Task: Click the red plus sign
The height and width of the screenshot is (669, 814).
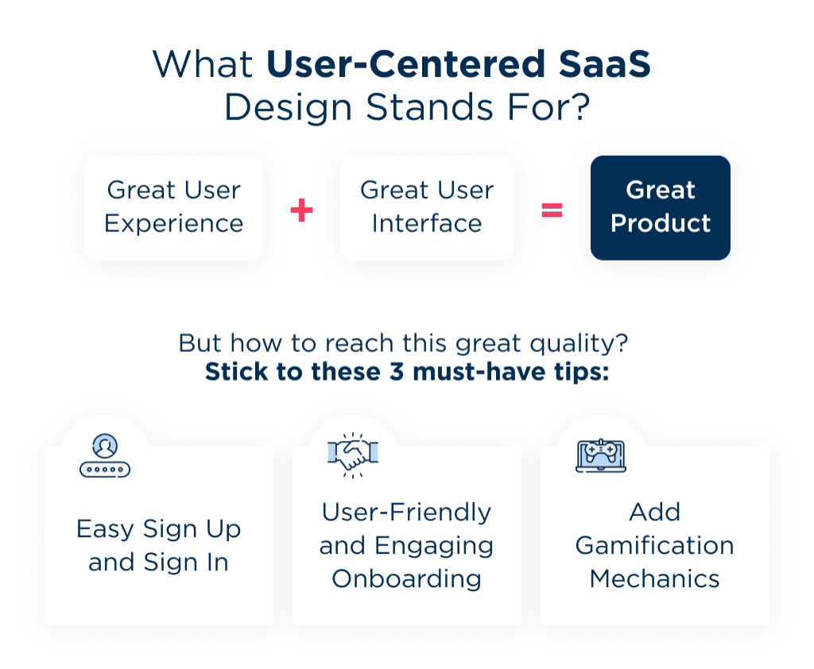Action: [301, 210]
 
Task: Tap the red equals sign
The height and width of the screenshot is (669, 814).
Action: [552, 210]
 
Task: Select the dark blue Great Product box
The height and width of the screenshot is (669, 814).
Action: [660, 207]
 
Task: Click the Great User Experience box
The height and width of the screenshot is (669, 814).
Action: [173, 207]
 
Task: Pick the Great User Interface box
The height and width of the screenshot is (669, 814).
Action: [426, 207]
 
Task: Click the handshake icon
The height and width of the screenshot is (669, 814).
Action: [353, 454]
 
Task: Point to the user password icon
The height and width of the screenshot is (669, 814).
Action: [105, 456]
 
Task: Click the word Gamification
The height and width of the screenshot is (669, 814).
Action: [654, 545]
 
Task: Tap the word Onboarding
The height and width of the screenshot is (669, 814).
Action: [406, 578]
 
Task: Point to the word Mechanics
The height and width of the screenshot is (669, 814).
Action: [654, 578]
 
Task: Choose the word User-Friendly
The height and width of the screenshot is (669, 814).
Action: [406, 512]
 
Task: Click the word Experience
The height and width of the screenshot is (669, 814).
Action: [173, 223]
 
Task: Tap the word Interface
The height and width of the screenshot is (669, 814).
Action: [426, 223]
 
